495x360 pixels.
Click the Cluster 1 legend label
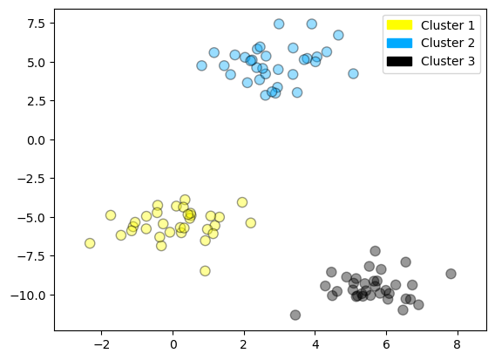448,26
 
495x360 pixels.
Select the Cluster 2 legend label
448,44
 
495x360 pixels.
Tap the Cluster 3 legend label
448,61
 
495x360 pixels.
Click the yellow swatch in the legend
399,26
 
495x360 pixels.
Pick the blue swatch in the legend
399,44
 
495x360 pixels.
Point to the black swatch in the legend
399,61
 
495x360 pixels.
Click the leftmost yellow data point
90,243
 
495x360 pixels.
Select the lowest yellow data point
205,271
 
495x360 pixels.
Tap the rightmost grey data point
451,274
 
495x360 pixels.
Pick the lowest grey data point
295,315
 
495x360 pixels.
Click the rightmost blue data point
353,74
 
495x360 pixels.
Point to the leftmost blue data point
201,65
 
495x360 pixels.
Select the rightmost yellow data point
250,223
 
